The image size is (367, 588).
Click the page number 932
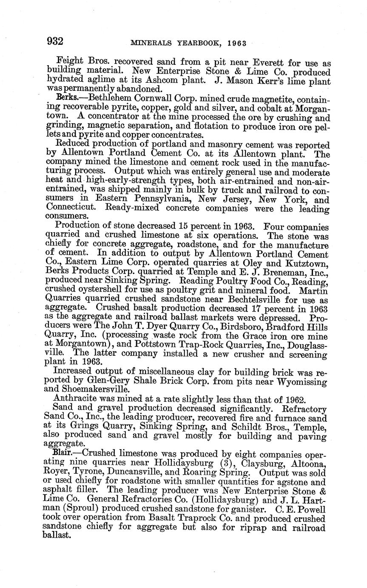[55, 41]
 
